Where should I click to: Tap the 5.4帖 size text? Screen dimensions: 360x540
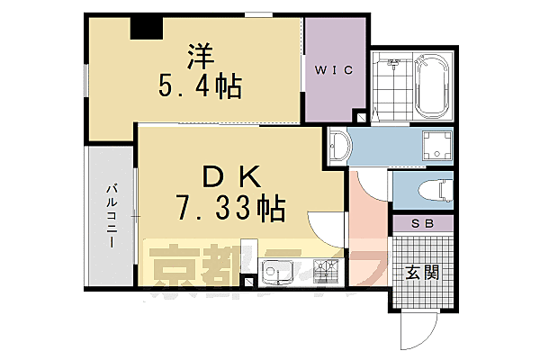click(x=200, y=86)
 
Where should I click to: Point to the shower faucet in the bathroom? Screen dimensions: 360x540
click(x=392, y=65)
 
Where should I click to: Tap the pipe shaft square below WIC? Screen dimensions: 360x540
click(x=361, y=118)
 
